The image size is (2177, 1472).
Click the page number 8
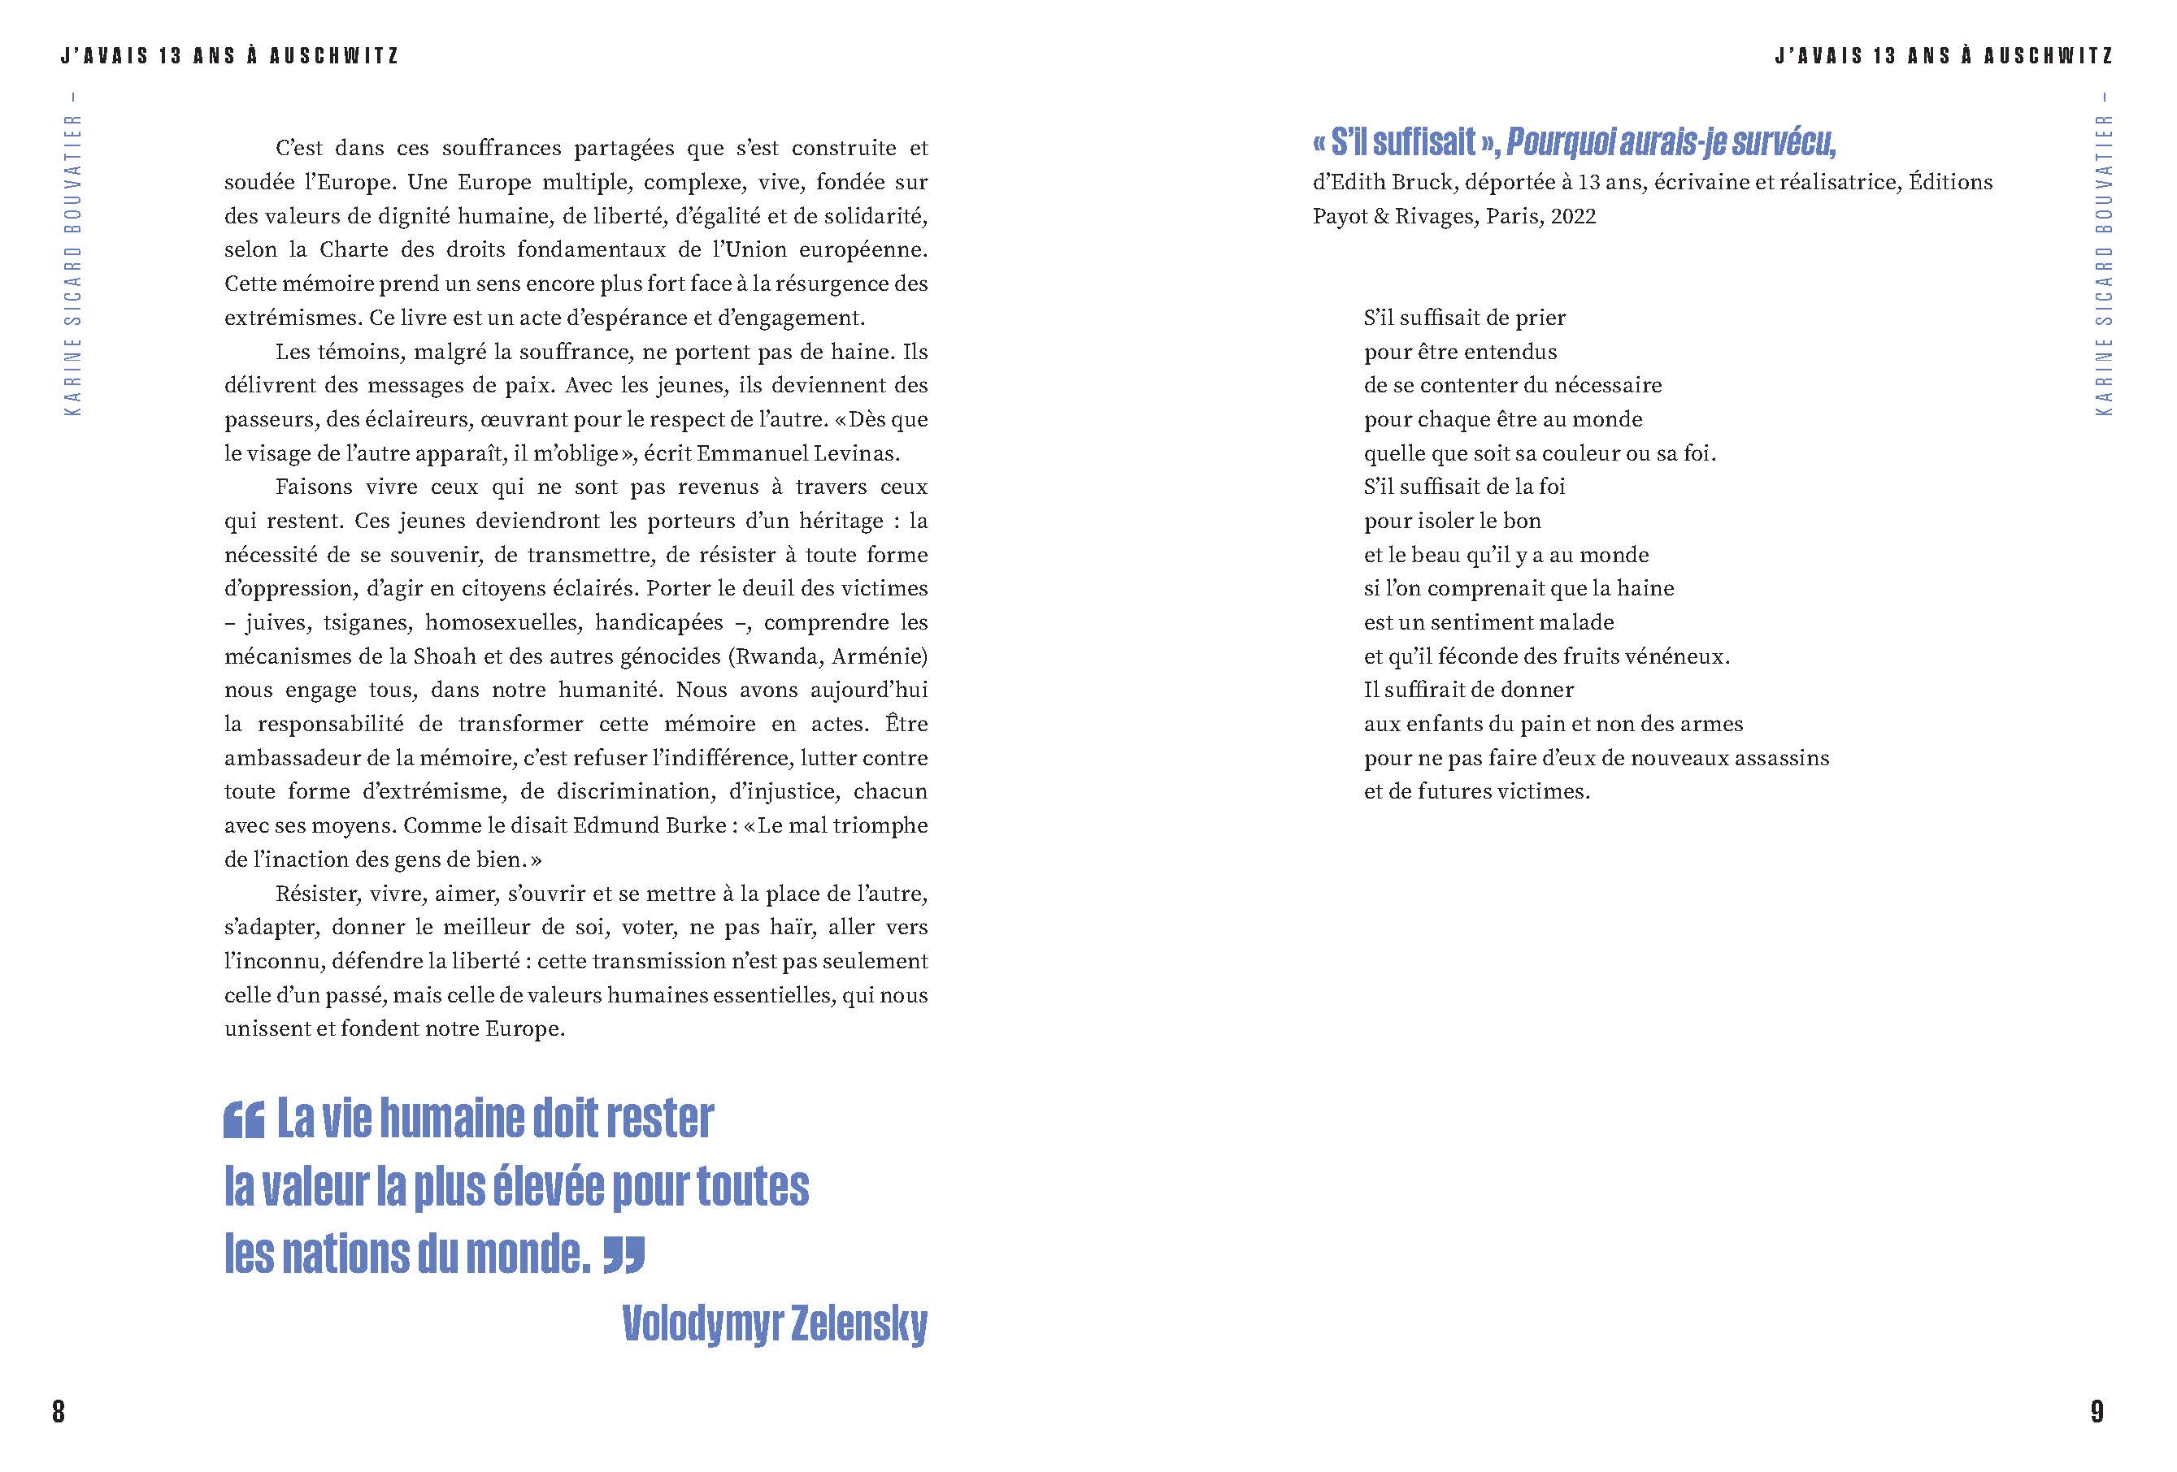(58, 1411)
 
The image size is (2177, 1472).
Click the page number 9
(2097, 1411)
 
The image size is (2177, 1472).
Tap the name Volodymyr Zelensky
(774, 1323)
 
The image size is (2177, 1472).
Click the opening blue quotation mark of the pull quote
(245, 1120)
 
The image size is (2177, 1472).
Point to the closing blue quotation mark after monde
(624, 1256)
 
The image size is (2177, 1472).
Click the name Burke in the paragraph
(696, 825)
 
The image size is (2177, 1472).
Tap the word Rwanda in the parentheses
(775, 656)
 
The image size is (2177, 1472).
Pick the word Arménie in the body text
(878, 656)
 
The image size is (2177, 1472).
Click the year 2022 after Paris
(1573, 216)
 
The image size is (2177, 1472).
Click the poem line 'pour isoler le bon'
(1452, 521)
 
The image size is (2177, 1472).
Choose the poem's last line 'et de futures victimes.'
(1476, 791)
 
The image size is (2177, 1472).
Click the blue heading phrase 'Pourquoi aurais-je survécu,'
(1671, 142)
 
